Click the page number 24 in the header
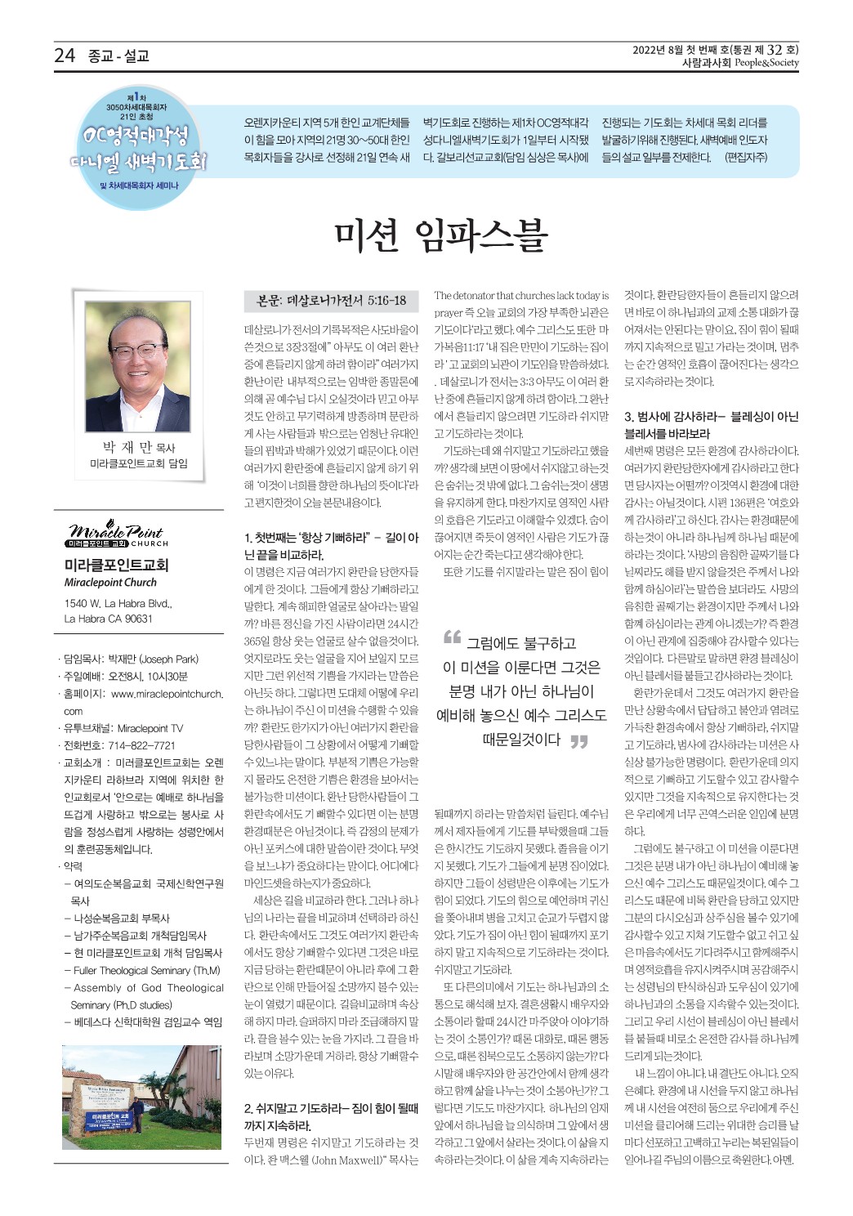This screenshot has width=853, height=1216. click(x=65, y=56)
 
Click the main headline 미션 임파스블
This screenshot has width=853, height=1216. click(x=440, y=236)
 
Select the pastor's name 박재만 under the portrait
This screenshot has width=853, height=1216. click(x=127, y=447)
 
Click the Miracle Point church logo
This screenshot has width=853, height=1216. click(x=117, y=535)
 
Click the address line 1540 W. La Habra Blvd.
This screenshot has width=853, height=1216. click(x=118, y=604)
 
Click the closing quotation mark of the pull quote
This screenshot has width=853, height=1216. click(x=578, y=742)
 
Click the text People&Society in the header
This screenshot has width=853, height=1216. click(x=766, y=63)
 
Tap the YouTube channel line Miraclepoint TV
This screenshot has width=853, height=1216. click(x=123, y=728)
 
